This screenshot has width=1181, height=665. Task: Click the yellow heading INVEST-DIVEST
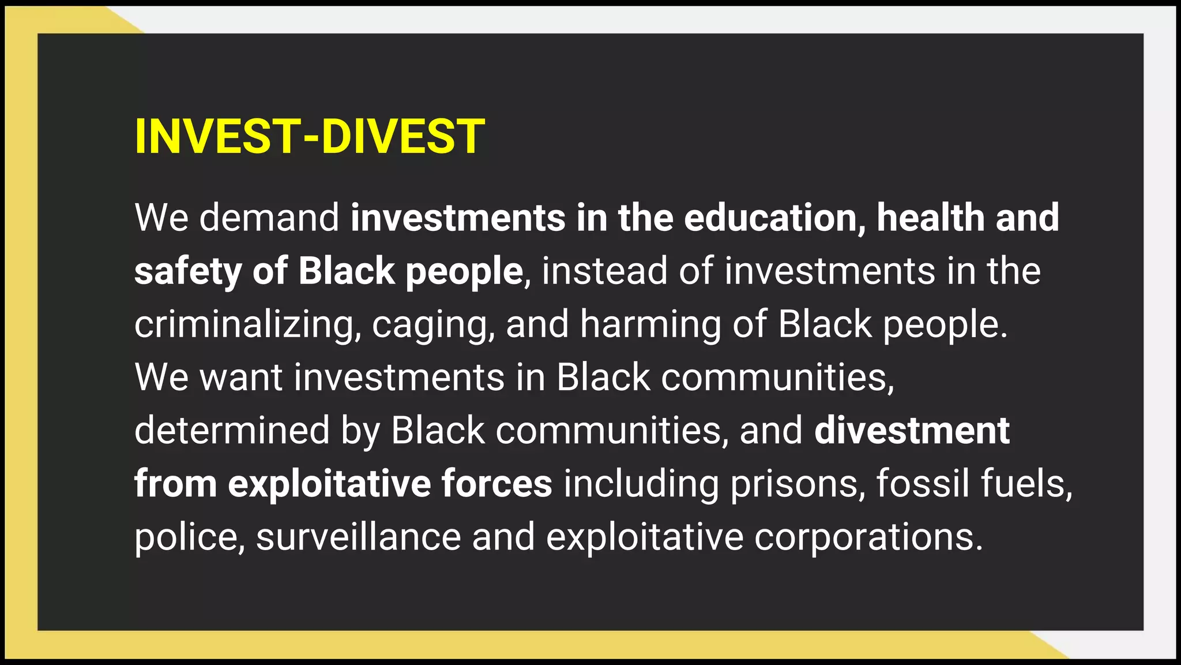coord(310,137)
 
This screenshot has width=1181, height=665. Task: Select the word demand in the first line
coord(269,218)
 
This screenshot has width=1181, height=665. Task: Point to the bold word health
coord(930,218)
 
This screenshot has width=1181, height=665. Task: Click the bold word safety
coord(188,271)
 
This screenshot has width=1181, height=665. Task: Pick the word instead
coord(604,271)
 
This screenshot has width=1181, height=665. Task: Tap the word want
coord(241,378)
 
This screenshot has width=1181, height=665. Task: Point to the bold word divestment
coord(912,431)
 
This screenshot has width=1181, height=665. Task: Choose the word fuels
coord(1026,484)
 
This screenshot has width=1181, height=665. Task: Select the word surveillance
coord(358,537)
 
